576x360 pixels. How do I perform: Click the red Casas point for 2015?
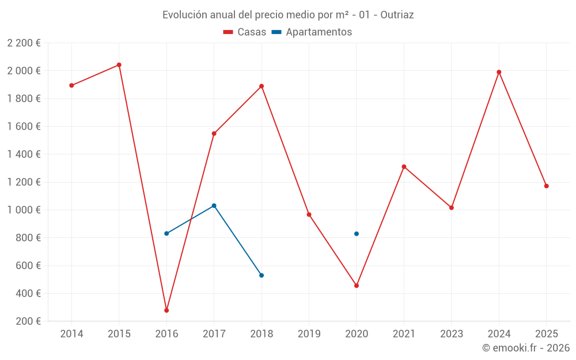tap(119, 65)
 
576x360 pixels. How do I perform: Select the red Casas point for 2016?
tap(166, 310)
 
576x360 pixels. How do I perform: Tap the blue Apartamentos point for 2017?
tap(214, 206)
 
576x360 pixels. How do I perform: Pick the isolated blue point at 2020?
tap(357, 234)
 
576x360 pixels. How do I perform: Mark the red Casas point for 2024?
tap(499, 72)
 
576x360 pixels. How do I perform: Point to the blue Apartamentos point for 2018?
tap(262, 275)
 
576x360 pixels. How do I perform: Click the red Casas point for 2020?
tap(357, 286)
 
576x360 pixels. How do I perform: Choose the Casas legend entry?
tap(245, 32)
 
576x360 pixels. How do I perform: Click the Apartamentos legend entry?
tap(312, 32)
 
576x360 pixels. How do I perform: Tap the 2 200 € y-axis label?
tap(24, 43)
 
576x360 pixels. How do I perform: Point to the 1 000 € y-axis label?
tap(24, 210)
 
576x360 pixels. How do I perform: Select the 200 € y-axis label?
tap(28, 321)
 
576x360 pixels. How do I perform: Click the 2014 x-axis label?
tap(71, 334)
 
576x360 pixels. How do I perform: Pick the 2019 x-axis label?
tap(309, 334)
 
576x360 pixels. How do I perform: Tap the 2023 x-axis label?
tap(451, 334)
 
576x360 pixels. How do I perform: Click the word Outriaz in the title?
tap(397, 15)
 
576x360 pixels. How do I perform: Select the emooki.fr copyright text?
tap(526, 348)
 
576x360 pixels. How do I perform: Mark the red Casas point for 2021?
tap(404, 167)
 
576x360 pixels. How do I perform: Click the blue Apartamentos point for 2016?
tap(166, 233)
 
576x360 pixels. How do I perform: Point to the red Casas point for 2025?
tap(546, 186)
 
